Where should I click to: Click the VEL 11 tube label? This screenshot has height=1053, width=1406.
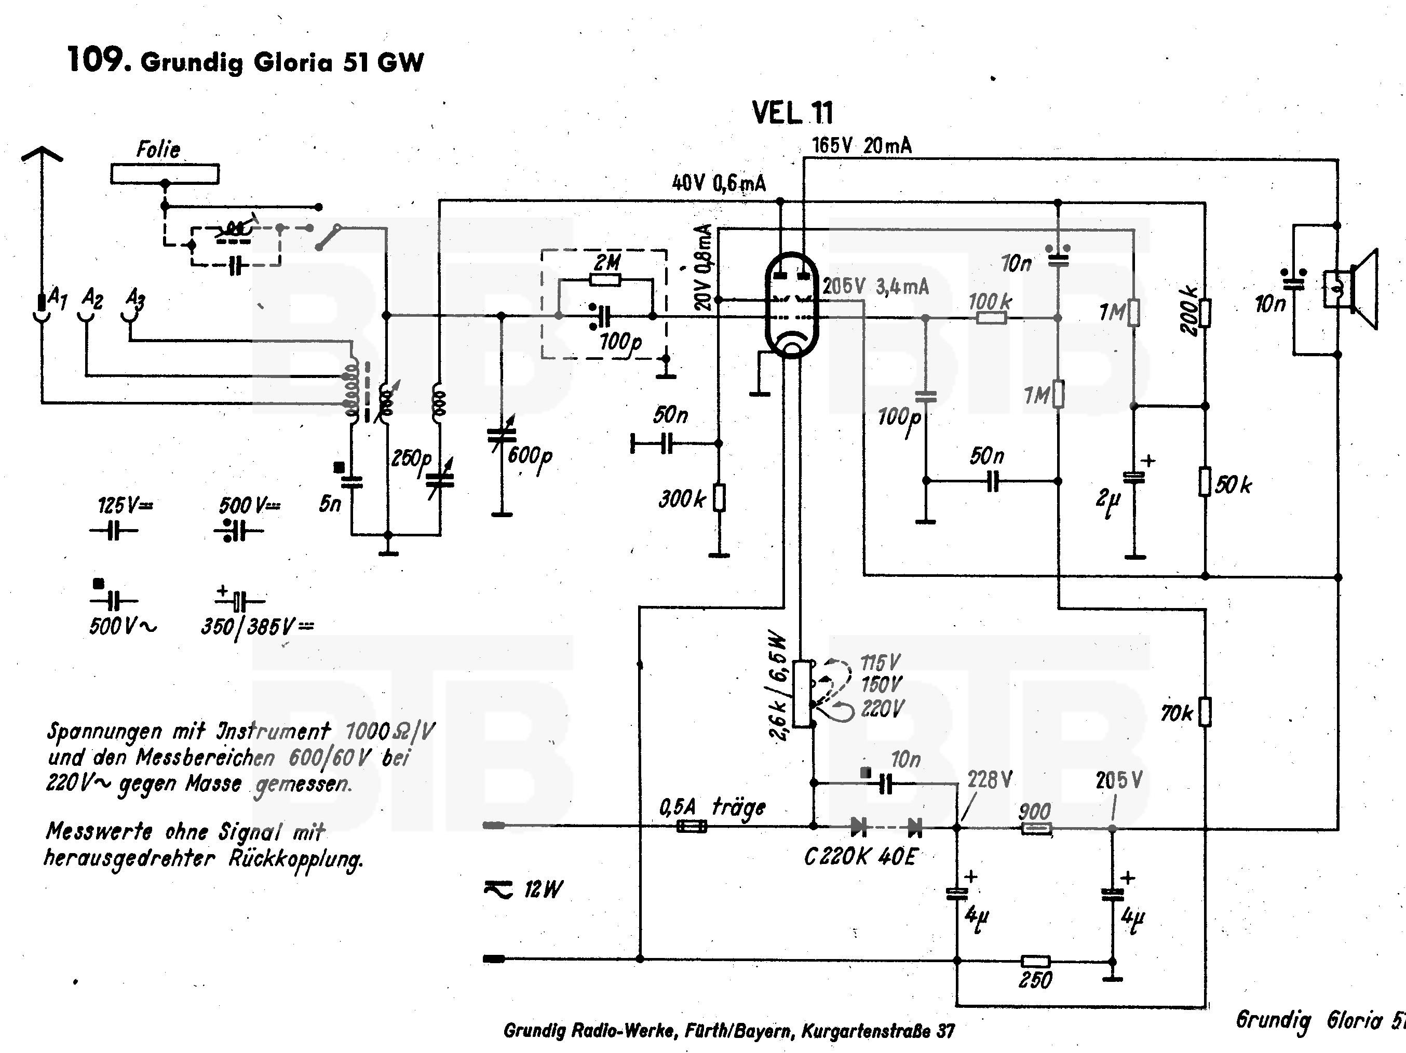click(792, 113)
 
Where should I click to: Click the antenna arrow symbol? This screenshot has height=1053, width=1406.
click(42, 154)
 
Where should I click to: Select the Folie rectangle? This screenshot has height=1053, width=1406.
click(165, 173)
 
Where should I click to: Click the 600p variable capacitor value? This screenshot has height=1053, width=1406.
click(530, 456)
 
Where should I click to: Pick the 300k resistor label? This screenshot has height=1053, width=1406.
click(681, 500)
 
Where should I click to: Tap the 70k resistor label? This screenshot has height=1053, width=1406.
click(1177, 713)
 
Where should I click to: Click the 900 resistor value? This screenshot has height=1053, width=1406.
click(1034, 812)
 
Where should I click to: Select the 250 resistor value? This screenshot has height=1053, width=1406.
click(1035, 980)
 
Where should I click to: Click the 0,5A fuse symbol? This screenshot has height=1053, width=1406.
click(691, 827)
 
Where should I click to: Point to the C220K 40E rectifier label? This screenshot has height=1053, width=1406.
click(860, 857)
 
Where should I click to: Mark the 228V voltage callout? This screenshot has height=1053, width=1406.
click(990, 780)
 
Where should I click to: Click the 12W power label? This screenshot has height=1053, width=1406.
click(543, 889)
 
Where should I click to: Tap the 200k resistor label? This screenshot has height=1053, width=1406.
click(1188, 312)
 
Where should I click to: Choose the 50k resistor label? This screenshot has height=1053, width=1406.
click(1233, 485)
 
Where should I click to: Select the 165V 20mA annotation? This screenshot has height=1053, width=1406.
click(861, 146)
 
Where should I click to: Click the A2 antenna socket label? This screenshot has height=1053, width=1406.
click(92, 298)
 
